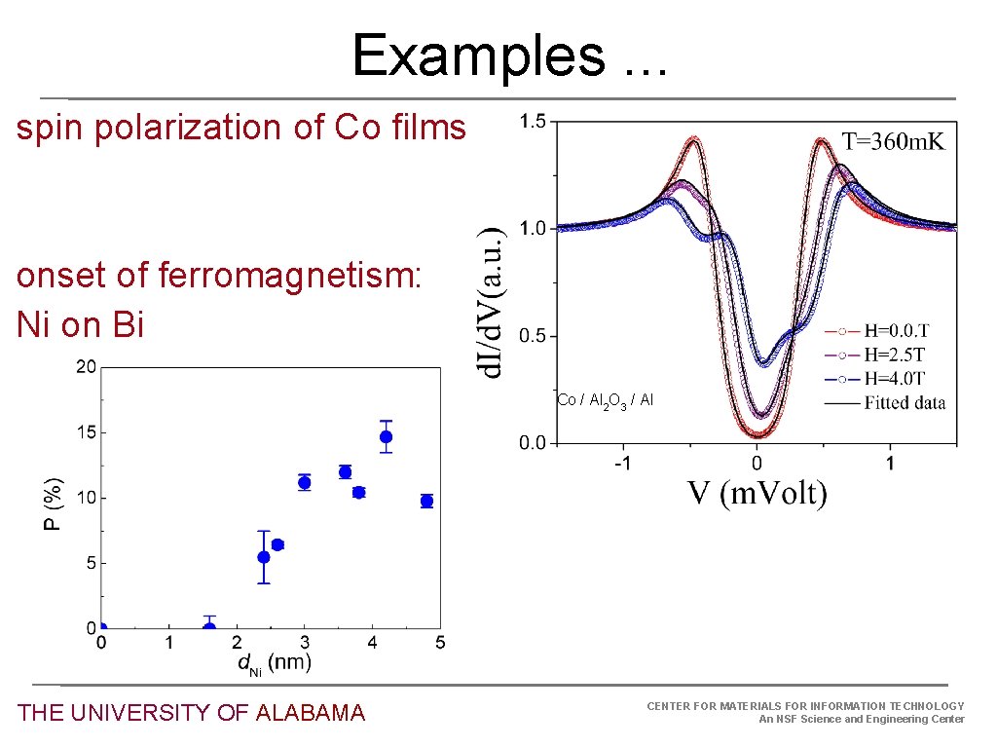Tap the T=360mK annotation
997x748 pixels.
[x=893, y=142]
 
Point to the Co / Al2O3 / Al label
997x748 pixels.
[x=605, y=401]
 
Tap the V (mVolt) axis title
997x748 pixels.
[x=757, y=494]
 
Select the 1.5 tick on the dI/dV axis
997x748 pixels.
[x=533, y=123]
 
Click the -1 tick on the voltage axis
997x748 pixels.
[x=622, y=464]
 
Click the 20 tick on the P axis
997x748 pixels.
[x=87, y=367]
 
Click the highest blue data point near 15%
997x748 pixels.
[x=386, y=436]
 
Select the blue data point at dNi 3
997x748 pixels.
[x=304, y=482]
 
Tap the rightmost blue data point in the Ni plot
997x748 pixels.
[x=426, y=501]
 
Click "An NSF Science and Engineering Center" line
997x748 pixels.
[x=861, y=720]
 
